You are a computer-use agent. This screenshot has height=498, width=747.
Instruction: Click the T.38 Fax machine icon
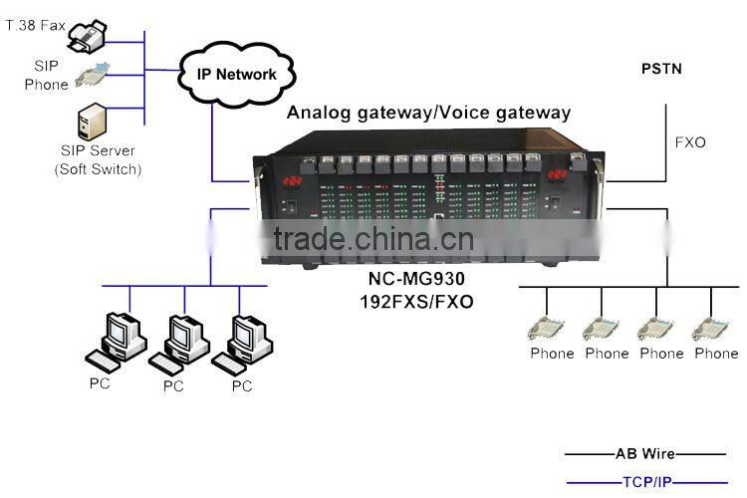[x=91, y=37]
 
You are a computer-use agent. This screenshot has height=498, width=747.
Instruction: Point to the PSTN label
[x=662, y=70]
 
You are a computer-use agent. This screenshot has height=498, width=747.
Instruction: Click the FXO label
[x=689, y=142]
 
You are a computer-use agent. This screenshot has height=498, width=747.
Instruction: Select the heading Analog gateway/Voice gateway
[x=428, y=113]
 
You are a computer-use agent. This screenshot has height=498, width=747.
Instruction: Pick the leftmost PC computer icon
[x=119, y=339]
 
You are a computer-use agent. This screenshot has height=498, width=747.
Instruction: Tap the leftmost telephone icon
[x=547, y=328]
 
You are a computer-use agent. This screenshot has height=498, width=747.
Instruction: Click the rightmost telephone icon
[x=711, y=328]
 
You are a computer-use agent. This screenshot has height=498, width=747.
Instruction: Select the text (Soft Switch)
[x=97, y=168]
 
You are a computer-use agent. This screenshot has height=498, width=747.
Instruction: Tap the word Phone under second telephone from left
[x=607, y=354]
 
